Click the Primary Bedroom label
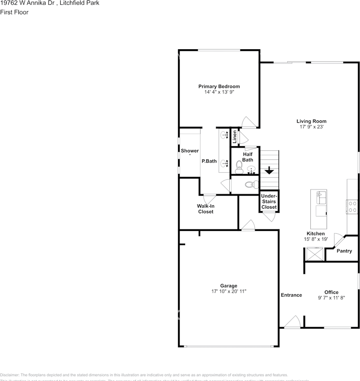point(219,87)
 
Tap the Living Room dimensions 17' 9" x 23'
point(311,127)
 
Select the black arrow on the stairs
point(269,170)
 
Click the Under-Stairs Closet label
point(269,201)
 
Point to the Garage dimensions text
point(229,291)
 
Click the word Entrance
point(291,295)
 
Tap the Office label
point(331,292)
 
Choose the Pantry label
point(344,251)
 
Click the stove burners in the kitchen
point(352,206)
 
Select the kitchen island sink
point(320,196)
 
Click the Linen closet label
point(235,137)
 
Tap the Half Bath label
point(248,157)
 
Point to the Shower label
point(190,151)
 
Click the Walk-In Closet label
point(205,209)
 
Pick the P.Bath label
point(209,161)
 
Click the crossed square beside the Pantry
point(315,253)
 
